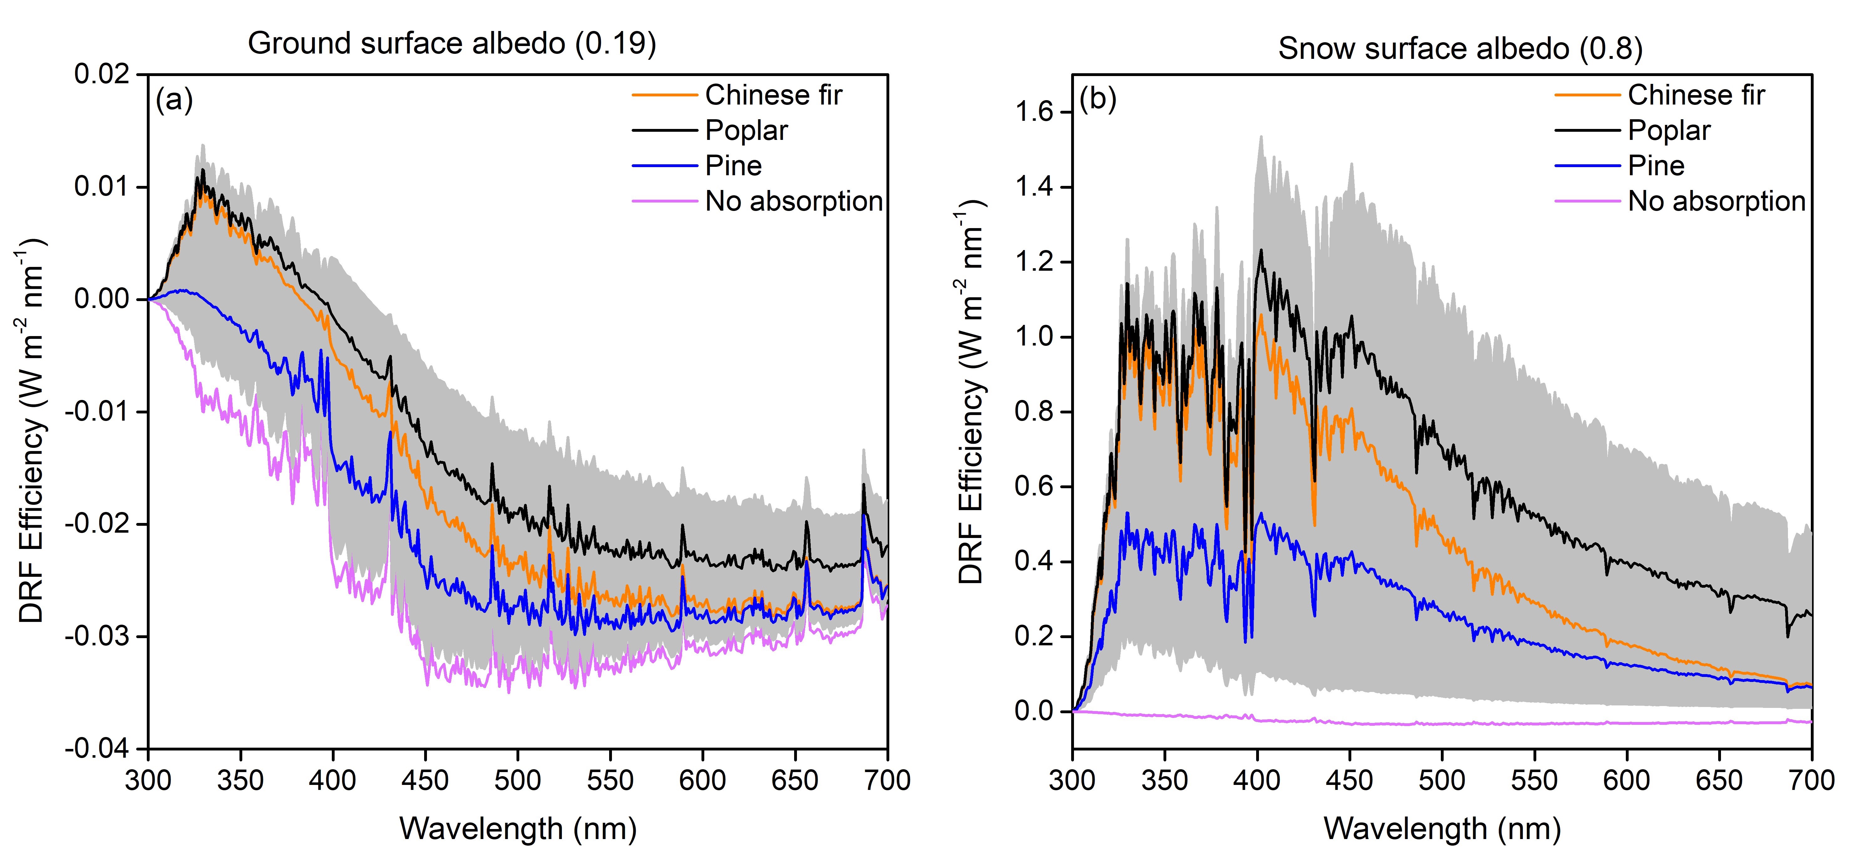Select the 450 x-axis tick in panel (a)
(x=425, y=780)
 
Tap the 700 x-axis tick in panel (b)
(x=1812, y=780)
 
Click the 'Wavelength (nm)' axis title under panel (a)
(x=517, y=828)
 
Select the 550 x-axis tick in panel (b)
(x=1535, y=780)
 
